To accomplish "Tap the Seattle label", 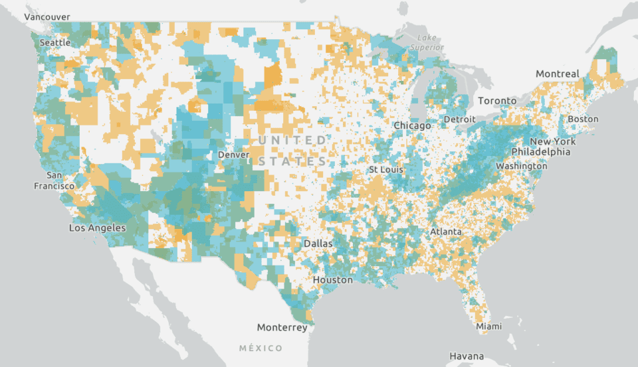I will [x=54, y=42].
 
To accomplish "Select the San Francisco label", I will [x=54, y=181].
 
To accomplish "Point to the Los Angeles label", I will [x=98, y=228].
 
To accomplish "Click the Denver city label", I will [x=233, y=155].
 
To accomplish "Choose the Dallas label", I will [x=318, y=244].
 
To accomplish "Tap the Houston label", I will [x=333, y=280].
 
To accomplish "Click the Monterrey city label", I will [x=282, y=327].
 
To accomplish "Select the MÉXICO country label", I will [x=261, y=348].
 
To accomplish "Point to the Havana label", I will [x=467, y=356].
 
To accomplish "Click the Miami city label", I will [x=489, y=327].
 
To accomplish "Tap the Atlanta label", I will [x=445, y=232].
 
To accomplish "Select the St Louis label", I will [x=387, y=170].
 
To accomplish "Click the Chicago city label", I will [x=412, y=125].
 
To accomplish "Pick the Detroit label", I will [x=460, y=119].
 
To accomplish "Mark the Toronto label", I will [x=497, y=101].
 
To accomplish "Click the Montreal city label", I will [x=557, y=74].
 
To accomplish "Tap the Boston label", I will [x=583, y=119].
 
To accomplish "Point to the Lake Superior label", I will [x=423, y=42].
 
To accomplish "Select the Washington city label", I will [x=521, y=165].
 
